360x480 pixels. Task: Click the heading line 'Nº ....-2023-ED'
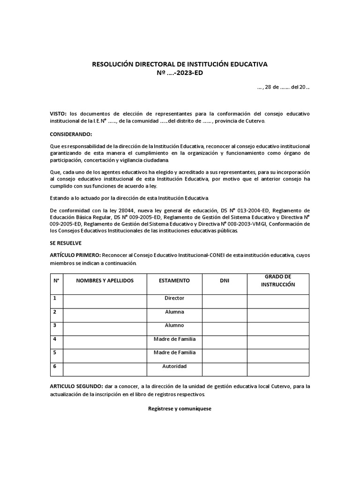(x=180, y=73)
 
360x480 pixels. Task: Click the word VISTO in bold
(x=59, y=114)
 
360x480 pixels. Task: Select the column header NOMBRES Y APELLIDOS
(x=105, y=280)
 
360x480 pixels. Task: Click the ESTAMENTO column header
(x=174, y=280)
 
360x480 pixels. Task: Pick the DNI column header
(x=225, y=280)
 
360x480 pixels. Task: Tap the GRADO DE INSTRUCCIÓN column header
(x=278, y=280)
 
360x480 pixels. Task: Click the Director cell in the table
(x=174, y=298)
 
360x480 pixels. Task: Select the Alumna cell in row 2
(x=174, y=312)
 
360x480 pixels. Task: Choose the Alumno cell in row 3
(x=174, y=325)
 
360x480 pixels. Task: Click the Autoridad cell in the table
(x=174, y=366)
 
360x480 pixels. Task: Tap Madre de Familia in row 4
(x=174, y=339)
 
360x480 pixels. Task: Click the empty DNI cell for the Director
(x=225, y=301)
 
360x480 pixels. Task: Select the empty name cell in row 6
(x=105, y=369)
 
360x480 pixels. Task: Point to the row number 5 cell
(x=56, y=355)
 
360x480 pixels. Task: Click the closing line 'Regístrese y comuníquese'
(x=180, y=409)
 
